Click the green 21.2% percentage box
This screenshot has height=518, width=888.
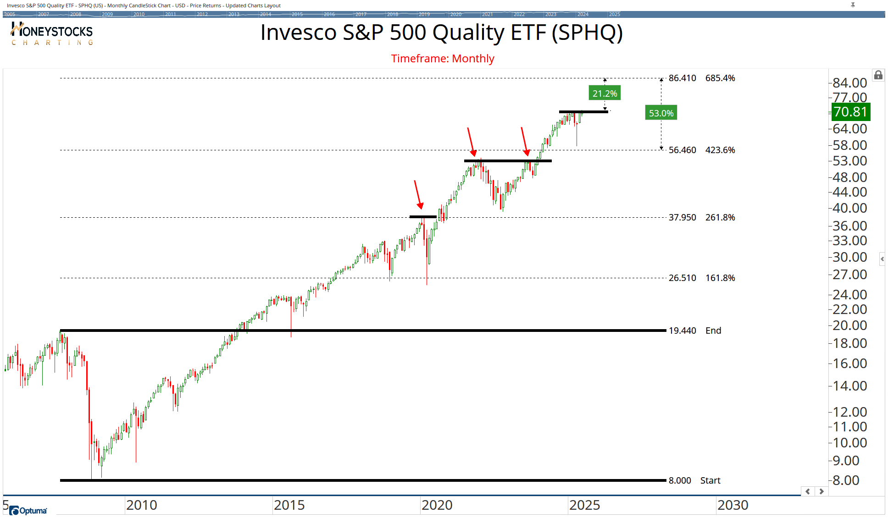[x=605, y=94]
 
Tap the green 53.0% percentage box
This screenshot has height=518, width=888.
[x=661, y=113]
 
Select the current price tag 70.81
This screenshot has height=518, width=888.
[x=850, y=112]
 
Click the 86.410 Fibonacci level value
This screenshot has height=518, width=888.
[x=682, y=78]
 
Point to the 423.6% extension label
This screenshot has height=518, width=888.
[x=720, y=150]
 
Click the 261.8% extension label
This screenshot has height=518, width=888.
[x=720, y=217]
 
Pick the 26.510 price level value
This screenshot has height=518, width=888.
[x=682, y=278]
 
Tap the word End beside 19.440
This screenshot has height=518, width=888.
[x=713, y=331]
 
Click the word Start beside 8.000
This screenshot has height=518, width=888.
[x=710, y=480]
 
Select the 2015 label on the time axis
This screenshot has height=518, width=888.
[x=289, y=505]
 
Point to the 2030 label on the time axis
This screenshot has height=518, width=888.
[x=733, y=505]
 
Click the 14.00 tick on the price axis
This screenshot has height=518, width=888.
[x=849, y=386]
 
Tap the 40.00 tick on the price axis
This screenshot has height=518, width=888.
[x=849, y=208]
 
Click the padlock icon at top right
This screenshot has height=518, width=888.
[x=878, y=75]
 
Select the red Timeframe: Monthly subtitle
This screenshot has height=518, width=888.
[x=442, y=59]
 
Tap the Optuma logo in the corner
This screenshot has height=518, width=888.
[x=28, y=510]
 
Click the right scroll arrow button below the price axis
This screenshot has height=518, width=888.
[x=821, y=491]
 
